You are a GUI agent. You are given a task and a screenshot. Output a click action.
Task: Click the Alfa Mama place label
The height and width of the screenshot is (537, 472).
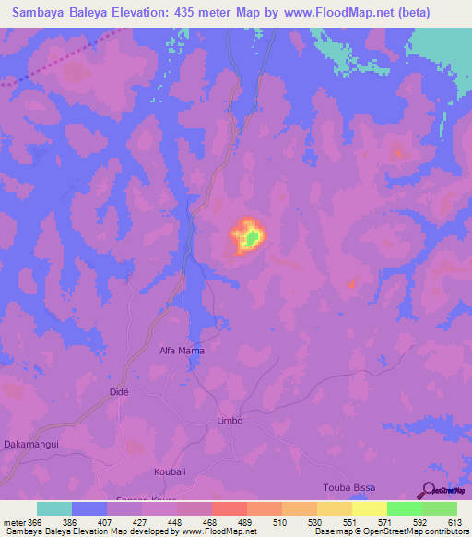(182, 351)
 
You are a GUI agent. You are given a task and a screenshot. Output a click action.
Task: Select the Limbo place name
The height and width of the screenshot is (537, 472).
(230, 421)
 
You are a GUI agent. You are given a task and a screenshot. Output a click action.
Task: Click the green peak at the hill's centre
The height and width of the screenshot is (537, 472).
(250, 240)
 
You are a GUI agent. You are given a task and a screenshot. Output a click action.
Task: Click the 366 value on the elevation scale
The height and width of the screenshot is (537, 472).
(33, 521)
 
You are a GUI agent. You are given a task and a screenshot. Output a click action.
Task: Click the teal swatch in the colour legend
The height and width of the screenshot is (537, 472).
(54, 508)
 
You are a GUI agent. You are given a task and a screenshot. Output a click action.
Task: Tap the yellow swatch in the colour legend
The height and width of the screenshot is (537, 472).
(370, 508)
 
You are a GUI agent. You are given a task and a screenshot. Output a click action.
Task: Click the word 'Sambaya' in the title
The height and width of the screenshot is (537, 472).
(43, 12)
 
